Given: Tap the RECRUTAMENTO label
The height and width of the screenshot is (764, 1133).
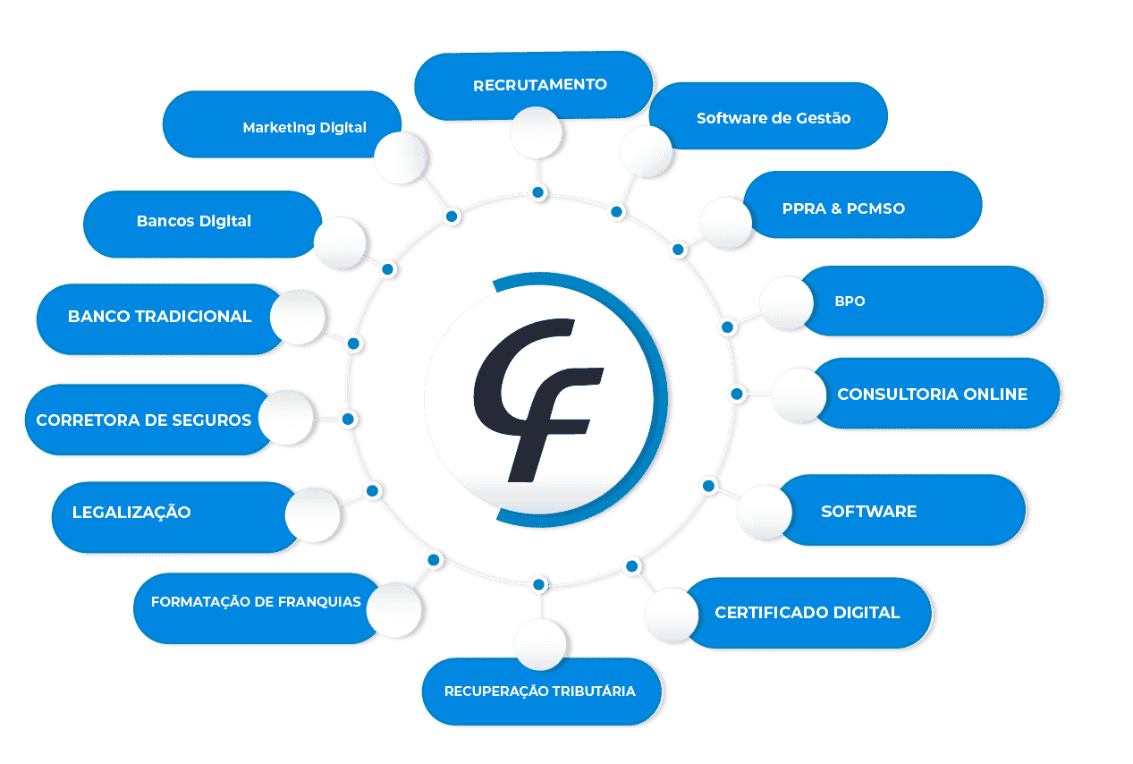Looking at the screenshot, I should coord(539,85).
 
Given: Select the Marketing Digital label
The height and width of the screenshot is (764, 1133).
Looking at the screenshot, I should coord(304,127).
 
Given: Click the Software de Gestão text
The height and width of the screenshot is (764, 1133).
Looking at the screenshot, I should coord(773,117).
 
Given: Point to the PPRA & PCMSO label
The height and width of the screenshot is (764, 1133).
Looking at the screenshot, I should coord(843,208).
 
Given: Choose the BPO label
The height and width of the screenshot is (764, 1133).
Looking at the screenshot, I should coord(850,301).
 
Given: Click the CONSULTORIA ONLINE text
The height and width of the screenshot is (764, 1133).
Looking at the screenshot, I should coord(932,394).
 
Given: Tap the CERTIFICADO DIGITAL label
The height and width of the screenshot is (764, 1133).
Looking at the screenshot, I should coord(807,613).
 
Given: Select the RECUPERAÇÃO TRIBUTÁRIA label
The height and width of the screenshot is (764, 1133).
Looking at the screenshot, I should coord(539,692).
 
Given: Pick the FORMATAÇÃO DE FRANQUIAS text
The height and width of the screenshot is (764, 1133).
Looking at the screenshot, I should coord(256,602).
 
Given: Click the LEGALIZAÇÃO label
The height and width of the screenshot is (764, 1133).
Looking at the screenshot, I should coord(131,513).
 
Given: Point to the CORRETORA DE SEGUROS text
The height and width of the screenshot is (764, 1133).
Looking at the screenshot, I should coord(143,420).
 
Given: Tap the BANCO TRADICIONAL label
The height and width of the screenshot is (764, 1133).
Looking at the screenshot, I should coord(159,317).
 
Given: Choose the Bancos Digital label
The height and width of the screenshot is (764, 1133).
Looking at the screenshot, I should coord(194,221).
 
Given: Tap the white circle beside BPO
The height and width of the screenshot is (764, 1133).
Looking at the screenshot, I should coord(786,301).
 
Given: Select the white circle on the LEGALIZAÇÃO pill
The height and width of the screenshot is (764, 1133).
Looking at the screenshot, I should coord(312,514).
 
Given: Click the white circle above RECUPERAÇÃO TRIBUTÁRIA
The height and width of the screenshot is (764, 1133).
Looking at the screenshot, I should coord(540,644).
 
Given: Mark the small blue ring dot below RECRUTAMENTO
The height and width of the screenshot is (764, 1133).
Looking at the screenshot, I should coord(537,192).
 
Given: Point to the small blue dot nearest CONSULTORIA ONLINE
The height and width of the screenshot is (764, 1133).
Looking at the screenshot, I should coord(736,394).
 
